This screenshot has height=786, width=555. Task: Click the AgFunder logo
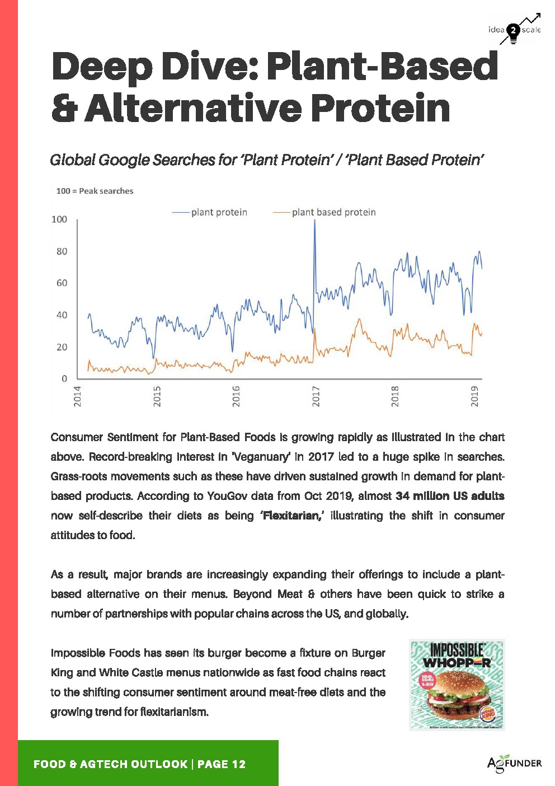point(514,764)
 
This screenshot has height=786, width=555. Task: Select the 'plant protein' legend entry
point(219,212)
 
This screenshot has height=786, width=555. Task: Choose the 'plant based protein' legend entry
point(333,212)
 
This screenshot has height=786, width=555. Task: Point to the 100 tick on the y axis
point(59,219)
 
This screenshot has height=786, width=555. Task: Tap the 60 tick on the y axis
point(62,283)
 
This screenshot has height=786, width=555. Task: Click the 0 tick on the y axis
point(64,379)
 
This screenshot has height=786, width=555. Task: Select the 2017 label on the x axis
point(316,396)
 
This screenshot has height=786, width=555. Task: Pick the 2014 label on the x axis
point(78,396)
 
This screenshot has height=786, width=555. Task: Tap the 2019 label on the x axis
point(474,396)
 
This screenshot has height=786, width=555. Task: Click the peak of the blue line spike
point(314,221)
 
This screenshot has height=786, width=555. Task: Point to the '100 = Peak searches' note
point(95,191)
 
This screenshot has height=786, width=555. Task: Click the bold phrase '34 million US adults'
point(449,496)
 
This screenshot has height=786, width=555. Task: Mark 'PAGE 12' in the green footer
point(222,764)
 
